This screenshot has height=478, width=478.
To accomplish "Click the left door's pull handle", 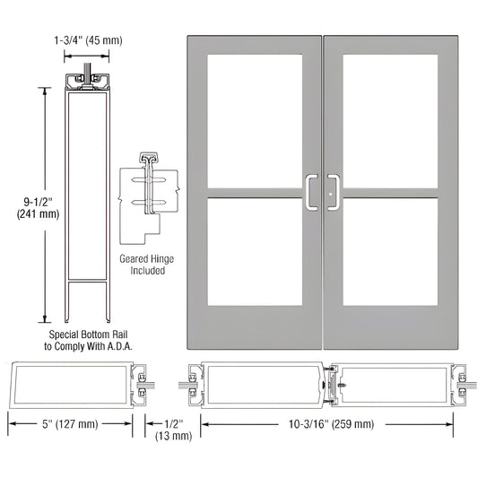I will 314,190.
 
